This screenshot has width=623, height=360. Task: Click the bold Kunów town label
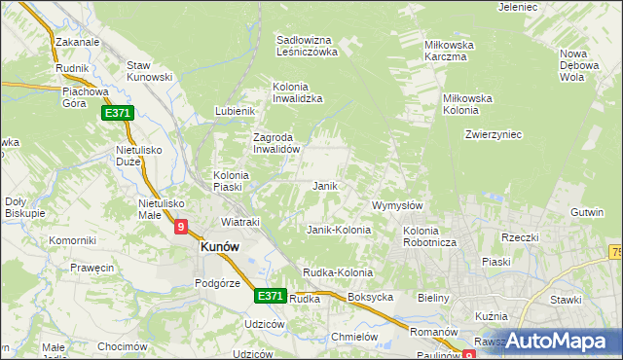coord(219,247)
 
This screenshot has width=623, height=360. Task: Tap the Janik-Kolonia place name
coord(339,230)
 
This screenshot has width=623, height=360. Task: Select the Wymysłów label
coord(397,205)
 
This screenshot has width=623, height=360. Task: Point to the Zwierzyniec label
coord(494,134)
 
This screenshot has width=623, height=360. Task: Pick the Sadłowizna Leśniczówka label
coord(306,46)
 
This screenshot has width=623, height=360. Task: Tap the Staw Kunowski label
coord(150,71)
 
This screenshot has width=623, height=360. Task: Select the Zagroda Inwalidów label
coord(280,144)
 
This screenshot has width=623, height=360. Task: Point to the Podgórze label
coord(217,282)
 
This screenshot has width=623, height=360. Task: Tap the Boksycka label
coord(370,297)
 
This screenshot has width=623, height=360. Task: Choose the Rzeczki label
coord(520,237)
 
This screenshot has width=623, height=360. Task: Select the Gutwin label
coord(588,211)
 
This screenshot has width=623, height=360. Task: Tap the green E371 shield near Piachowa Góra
coord(118,114)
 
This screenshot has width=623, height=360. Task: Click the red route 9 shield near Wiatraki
coord(181,227)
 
